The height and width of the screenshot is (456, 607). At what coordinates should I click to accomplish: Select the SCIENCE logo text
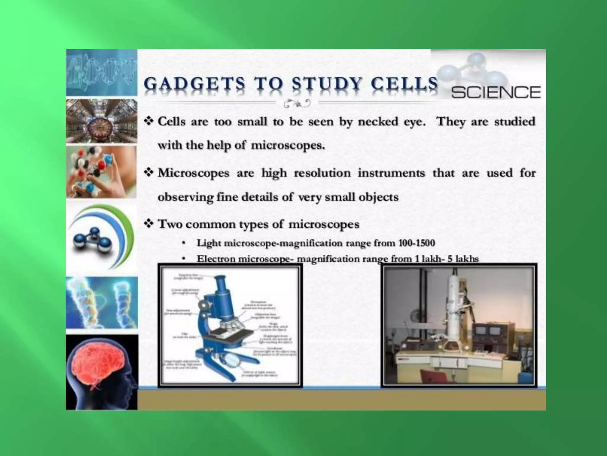[496, 92]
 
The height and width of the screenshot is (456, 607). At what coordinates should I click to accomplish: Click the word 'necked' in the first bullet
[378, 122]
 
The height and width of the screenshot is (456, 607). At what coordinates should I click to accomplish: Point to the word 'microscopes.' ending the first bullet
[288, 145]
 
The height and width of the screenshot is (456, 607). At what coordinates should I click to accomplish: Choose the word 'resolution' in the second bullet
[322, 173]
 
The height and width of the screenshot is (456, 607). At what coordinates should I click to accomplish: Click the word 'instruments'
[391, 173]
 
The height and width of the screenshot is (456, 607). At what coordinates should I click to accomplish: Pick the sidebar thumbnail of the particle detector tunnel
[101, 121]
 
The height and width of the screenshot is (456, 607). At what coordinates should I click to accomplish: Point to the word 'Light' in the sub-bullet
[209, 243]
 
